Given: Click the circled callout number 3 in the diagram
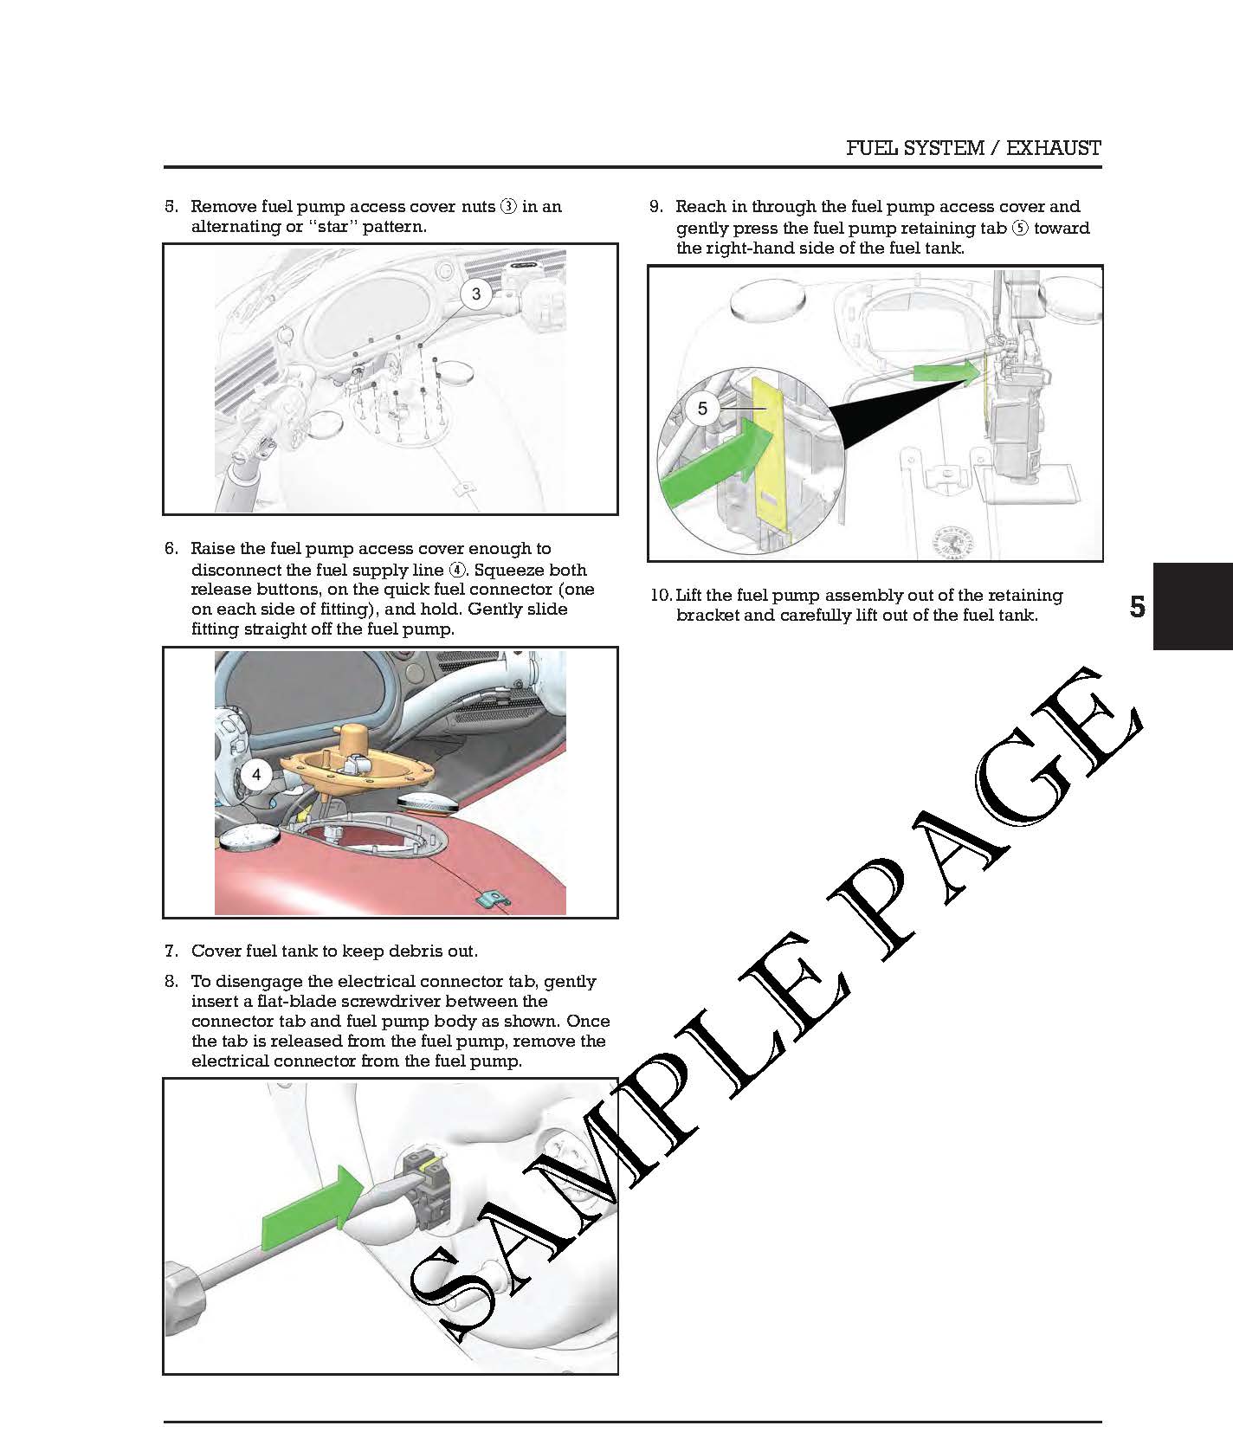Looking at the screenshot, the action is click(475, 293).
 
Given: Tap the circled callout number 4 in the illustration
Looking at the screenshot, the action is click(256, 774).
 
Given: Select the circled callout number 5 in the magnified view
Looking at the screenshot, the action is click(702, 408).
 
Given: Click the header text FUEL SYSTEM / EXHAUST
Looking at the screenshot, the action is click(973, 148).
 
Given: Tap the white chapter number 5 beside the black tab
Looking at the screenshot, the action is click(1138, 607).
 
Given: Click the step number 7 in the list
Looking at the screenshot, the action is click(171, 951).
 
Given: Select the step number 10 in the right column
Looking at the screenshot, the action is click(661, 596).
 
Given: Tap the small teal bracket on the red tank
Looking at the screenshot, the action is click(494, 900).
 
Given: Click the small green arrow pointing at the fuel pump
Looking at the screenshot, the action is click(947, 373).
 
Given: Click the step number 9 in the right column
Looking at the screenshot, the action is click(656, 207).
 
